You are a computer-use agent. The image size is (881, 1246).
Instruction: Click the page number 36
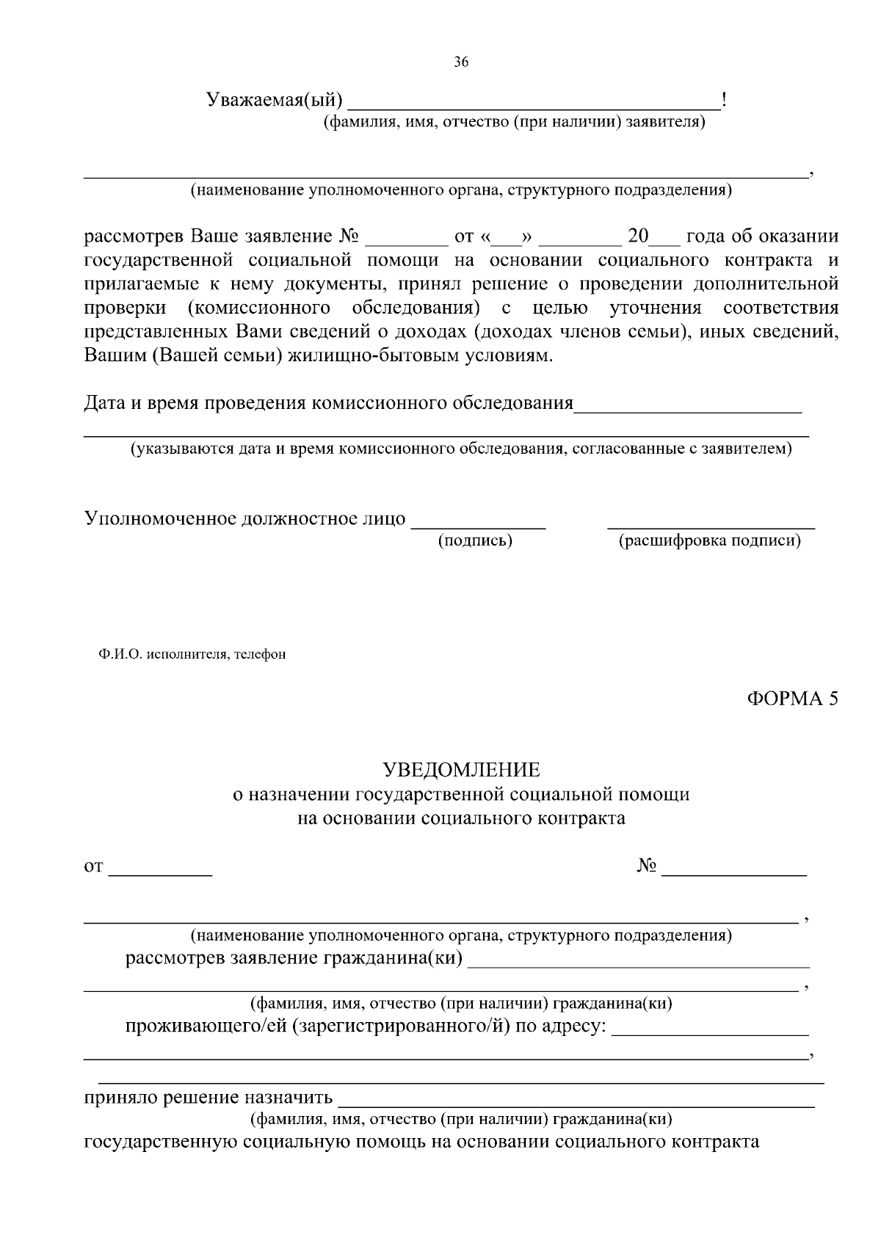(x=461, y=62)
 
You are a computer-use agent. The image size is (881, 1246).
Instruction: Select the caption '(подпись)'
(x=475, y=541)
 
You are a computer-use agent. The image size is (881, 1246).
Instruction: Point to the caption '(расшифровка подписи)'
(x=709, y=541)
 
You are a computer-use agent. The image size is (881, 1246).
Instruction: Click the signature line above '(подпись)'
(x=478, y=526)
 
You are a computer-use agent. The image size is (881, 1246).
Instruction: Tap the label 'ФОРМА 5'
(x=792, y=698)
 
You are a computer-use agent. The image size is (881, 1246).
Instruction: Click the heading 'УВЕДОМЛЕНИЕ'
(x=461, y=769)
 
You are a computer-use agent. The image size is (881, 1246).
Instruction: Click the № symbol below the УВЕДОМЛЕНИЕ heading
(x=646, y=866)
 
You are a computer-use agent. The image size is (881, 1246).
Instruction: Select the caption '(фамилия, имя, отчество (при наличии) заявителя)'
(x=515, y=122)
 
